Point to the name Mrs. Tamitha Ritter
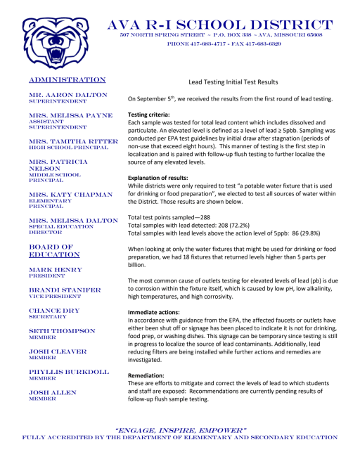pyautogui.click(x=67, y=141)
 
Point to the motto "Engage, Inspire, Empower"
pyautogui.click(x=181, y=429)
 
